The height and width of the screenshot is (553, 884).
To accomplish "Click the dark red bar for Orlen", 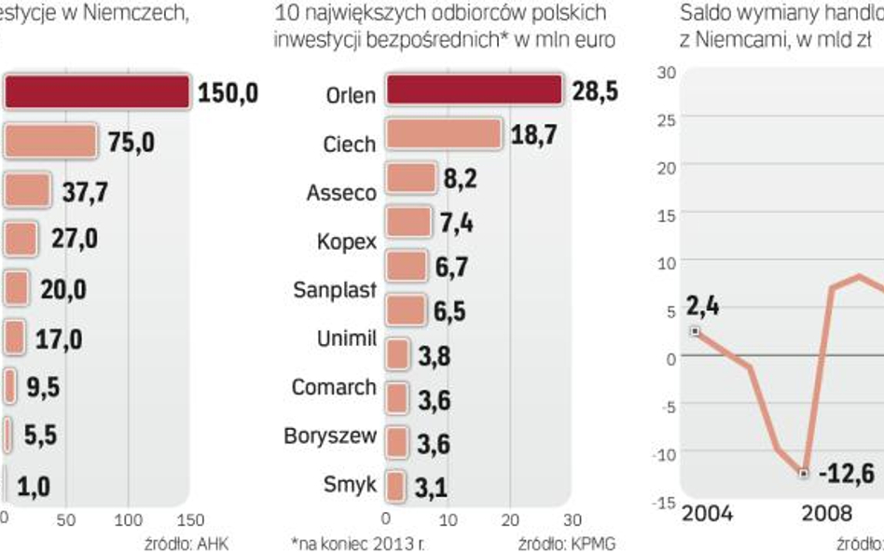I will (474, 90).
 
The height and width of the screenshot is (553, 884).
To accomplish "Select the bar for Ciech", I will (443, 134).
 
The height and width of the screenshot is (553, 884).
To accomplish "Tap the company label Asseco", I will (341, 193).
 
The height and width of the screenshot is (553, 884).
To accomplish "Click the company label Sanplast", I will (334, 289).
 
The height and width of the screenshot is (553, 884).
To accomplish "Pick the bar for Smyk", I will (394, 485).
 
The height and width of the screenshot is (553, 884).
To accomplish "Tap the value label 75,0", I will (131, 143).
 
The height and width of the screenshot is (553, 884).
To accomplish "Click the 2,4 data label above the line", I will (702, 306).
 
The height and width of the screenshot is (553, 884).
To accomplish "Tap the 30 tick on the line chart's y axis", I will (666, 72).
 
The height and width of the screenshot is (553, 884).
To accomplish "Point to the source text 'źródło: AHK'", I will (186, 544).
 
